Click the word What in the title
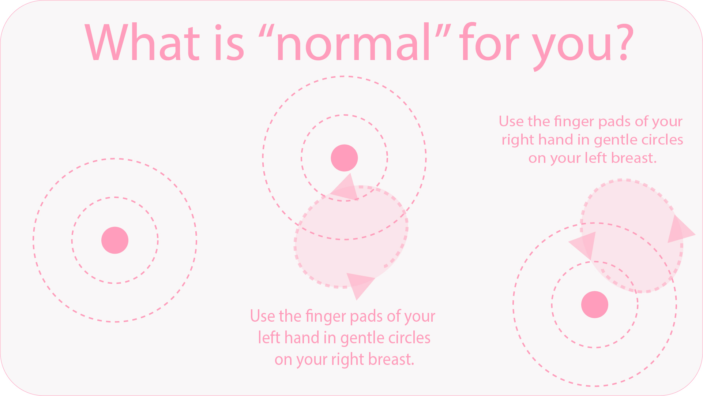click(143, 42)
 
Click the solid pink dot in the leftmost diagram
click(115, 240)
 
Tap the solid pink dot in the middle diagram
click(344, 158)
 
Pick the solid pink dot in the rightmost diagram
click(595, 305)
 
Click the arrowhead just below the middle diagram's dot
click(345, 188)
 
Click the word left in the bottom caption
click(269, 337)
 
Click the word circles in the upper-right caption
click(662, 139)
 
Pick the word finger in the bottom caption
click(326, 317)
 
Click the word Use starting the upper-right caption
click(511, 122)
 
